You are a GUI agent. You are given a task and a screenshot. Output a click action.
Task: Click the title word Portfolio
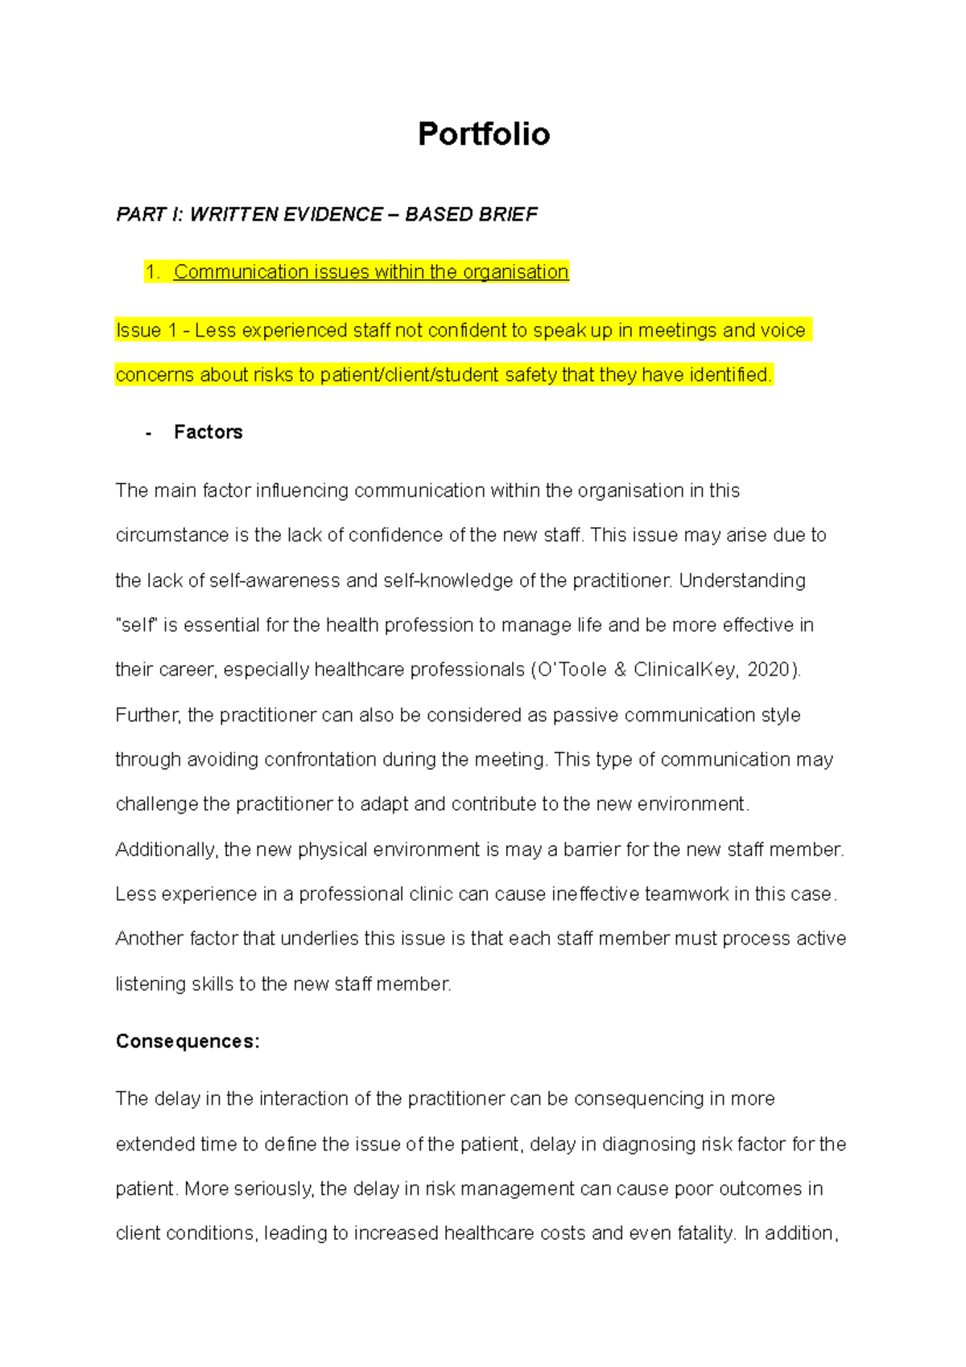(483, 134)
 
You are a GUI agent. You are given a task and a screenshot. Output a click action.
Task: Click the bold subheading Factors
(208, 432)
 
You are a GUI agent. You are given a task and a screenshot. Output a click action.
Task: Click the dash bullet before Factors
(148, 433)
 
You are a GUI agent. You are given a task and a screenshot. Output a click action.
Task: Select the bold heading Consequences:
(188, 1042)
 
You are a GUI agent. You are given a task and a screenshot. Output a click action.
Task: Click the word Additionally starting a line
(164, 850)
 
